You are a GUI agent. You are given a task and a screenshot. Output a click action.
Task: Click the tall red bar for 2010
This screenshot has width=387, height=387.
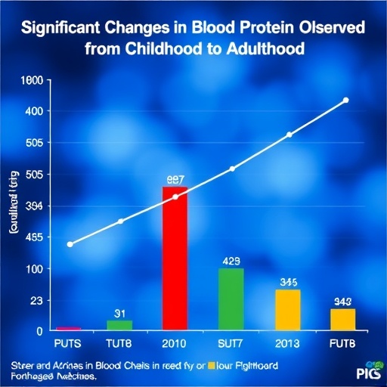175,259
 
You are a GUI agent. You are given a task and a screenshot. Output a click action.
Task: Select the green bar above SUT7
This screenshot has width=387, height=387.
231,299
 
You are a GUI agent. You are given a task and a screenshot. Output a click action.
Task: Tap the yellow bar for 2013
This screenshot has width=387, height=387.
287,310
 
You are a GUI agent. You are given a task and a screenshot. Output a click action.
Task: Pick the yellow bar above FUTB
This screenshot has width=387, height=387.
342,319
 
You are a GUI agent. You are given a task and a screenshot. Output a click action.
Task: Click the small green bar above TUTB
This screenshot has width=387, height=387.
119,325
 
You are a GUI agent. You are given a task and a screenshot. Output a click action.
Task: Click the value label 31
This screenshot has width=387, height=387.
119,312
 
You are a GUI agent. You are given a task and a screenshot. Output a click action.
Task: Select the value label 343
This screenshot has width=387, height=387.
343,302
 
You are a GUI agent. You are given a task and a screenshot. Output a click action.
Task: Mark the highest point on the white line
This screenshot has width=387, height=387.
345,101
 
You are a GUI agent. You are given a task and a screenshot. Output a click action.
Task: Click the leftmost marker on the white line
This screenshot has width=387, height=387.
70,244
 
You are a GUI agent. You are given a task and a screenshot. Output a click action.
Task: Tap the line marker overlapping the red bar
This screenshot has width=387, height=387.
176,197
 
